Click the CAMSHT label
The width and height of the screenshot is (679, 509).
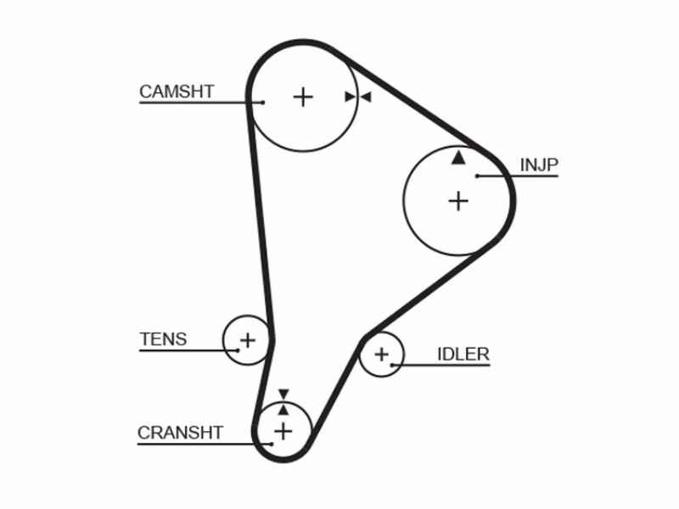click(x=177, y=92)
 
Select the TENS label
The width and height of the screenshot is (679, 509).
click(x=163, y=338)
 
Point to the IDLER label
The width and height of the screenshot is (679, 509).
click(x=463, y=354)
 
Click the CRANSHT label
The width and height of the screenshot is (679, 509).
click(x=180, y=433)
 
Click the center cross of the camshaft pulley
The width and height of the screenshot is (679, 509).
click(x=303, y=97)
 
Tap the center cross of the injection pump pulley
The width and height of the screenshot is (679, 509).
click(x=458, y=201)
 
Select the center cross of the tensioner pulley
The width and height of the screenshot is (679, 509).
click(x=248, y=340)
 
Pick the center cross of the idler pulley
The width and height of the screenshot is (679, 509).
click(x=381, y=355)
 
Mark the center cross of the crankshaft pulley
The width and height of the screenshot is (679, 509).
click(x=283, y=432)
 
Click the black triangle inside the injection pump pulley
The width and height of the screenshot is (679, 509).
click(x=458, y=158)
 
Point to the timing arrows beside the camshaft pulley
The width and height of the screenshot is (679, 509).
click(x=358, y=97)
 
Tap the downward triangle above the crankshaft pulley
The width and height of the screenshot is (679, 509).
click(x=283, y=394)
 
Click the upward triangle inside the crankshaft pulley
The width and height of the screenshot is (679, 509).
click(x=283, y=410)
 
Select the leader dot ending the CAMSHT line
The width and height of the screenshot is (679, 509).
click(x=263, y=103)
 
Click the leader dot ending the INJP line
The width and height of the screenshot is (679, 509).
click(x=477, y=176)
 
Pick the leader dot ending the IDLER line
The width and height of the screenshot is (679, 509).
click(x=392, y=365)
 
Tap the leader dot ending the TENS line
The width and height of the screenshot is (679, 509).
click(x=238, y=350)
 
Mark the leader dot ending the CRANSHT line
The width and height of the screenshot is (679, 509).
click(x=272, y=444)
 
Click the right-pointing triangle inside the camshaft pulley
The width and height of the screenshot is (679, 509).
click(x=350, y=97)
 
